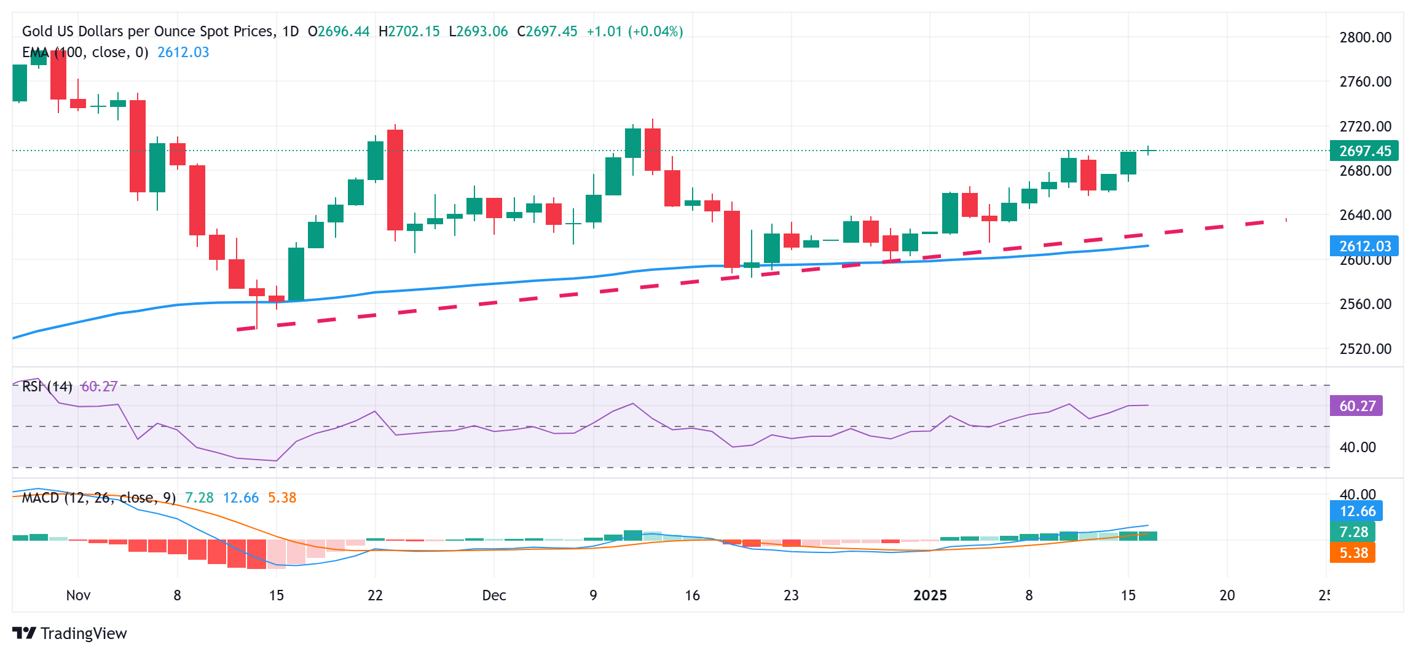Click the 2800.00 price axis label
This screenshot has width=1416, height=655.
click(x=1365, y=37)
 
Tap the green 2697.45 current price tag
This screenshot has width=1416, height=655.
click(x=1364, y=151)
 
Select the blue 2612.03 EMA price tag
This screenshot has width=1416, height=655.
click(x=1364, y=246)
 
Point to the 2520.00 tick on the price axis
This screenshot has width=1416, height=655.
click(x=1365, y=349)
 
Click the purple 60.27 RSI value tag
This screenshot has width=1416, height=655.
click(x=1356, y=406)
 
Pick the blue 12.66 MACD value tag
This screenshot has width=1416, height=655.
click(x=1356, y=511)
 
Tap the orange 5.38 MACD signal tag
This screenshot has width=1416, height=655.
click(x=1353, y=553)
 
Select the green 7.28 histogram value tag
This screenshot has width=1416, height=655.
click(x=1353, y=532)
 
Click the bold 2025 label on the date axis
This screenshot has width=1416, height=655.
click(x=930, y=595)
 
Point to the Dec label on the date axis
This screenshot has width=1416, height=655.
click(x=494, y=595)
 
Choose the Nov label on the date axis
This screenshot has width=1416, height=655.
click(x=78, y=595)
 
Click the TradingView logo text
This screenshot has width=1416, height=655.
click(x=83, y=633)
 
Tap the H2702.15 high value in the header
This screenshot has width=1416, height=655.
click(x=409, y=31)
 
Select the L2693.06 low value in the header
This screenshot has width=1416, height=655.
click(x=478, y=31)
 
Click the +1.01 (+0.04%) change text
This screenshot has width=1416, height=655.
click(x=634, y=31)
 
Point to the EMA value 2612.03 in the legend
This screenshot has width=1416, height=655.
click(x=183, y=52)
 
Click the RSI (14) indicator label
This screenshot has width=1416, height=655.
click(x=47, y=386)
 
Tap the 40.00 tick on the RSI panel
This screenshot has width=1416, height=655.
click(x=1357, y=447)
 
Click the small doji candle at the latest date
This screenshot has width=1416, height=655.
click(x=1148, y=151)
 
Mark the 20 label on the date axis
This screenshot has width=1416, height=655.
click(x=1227, y=595)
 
